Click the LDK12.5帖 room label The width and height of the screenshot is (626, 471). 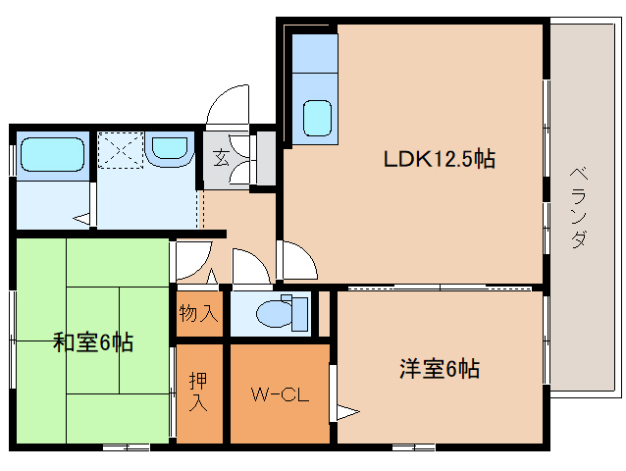tap(438, 158)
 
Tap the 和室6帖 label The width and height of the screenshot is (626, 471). tap(92, 343)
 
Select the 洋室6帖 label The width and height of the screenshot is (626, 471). tap(440, 369)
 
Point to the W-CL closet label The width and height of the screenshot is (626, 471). tap(280, 395)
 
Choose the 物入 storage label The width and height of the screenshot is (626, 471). tap(198, 315)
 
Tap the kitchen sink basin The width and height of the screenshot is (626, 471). tap(317, 118)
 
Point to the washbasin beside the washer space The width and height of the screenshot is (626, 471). tap(170, 149)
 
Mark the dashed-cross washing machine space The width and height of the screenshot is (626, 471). tap(121, 150)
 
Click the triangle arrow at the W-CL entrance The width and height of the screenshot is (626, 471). tap(343, 411)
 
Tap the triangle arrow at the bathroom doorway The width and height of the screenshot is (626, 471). tap(84, 218)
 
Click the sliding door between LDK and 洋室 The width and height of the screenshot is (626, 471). tap(440, 288)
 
